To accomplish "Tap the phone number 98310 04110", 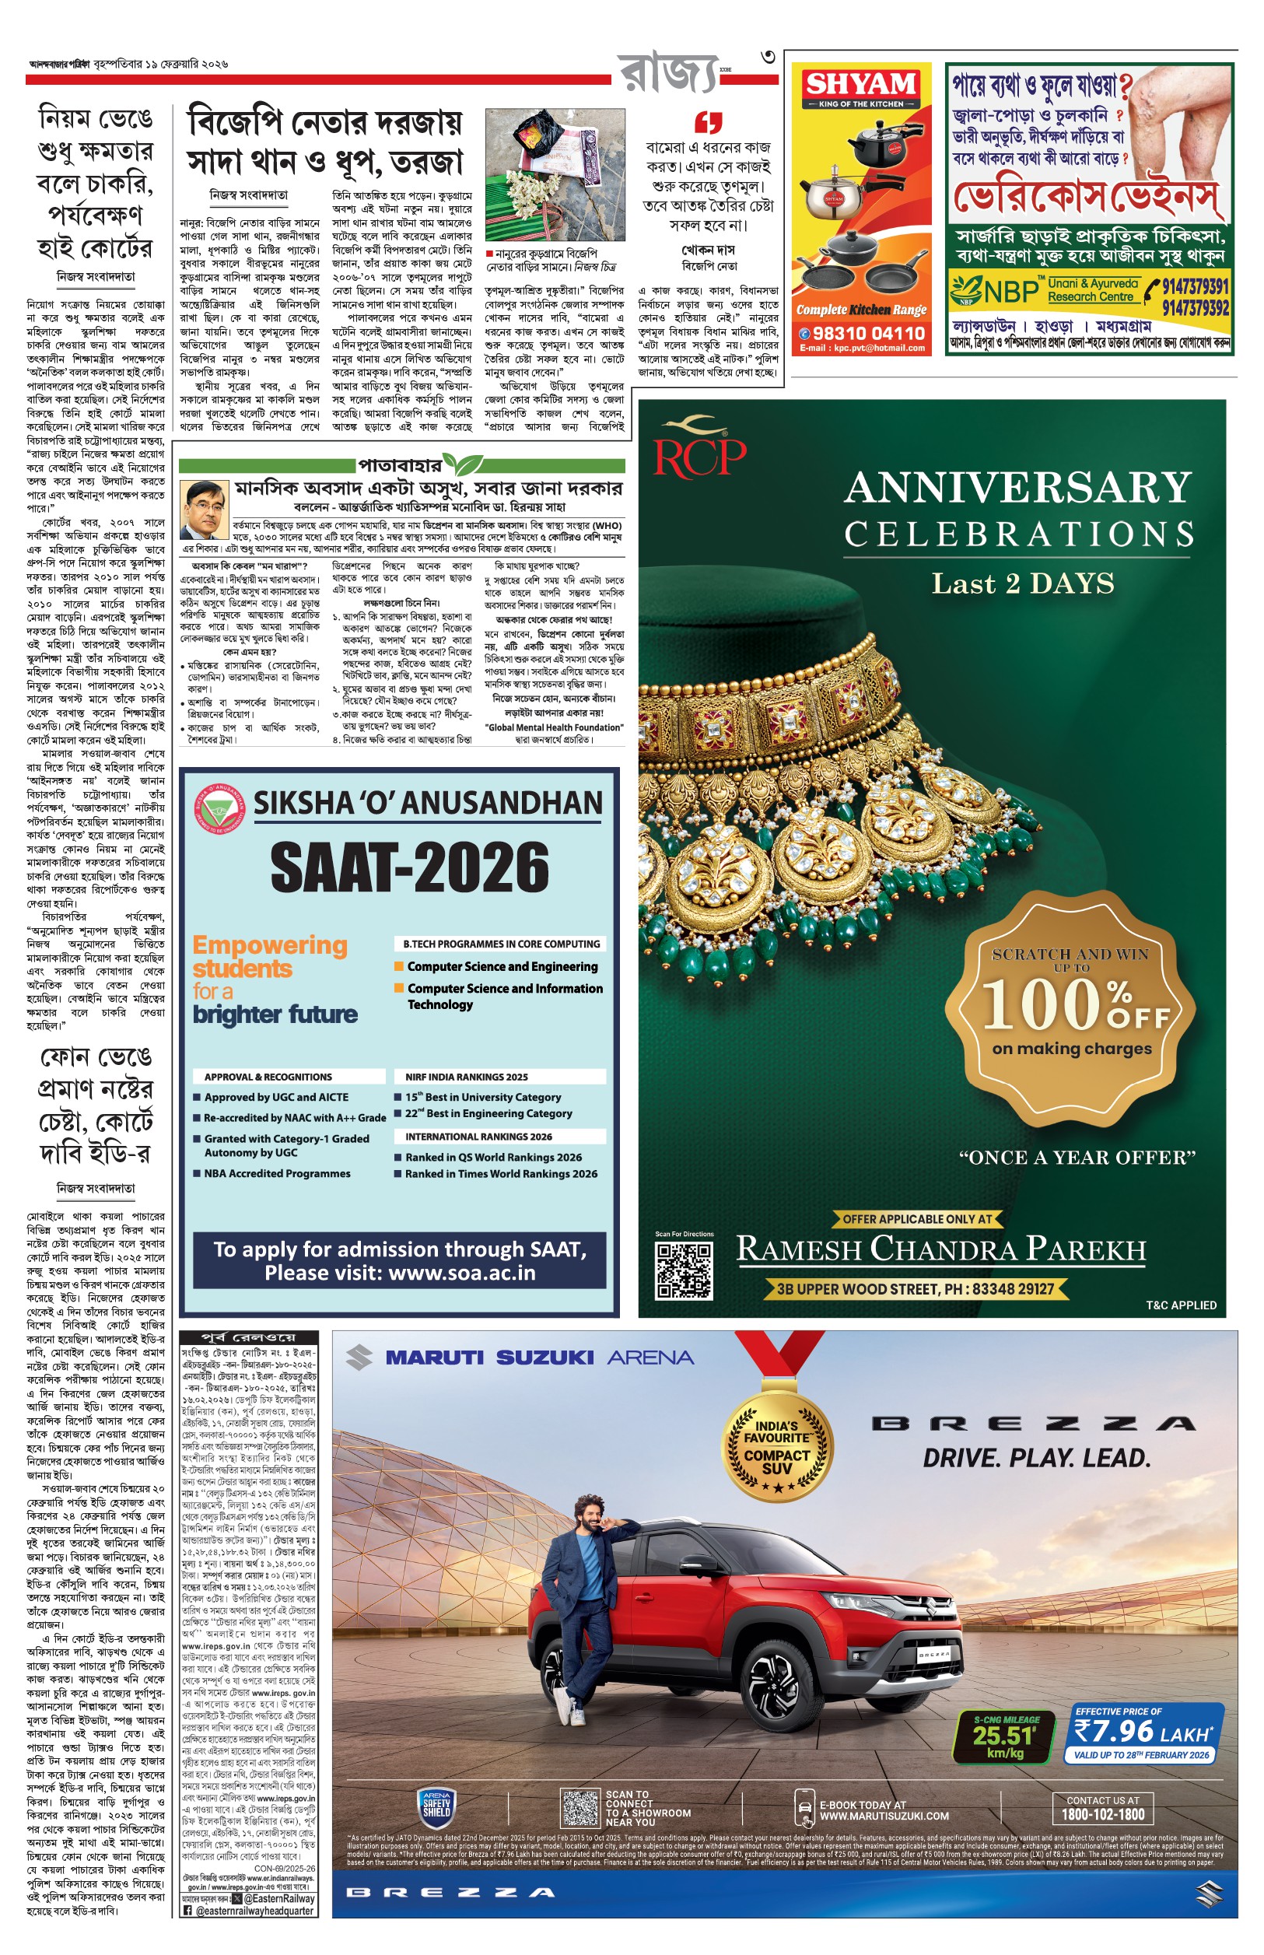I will (x=868, y=333).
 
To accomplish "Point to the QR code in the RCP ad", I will (x=683, y=1270).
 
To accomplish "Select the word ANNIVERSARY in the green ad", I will (x=1017, y=488).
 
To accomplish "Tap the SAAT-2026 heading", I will (x=410, y=867).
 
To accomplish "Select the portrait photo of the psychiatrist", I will (x=204, y=510).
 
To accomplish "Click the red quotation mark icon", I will (x=709, y=122).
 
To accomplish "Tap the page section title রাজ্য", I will (x=668, y=74).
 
